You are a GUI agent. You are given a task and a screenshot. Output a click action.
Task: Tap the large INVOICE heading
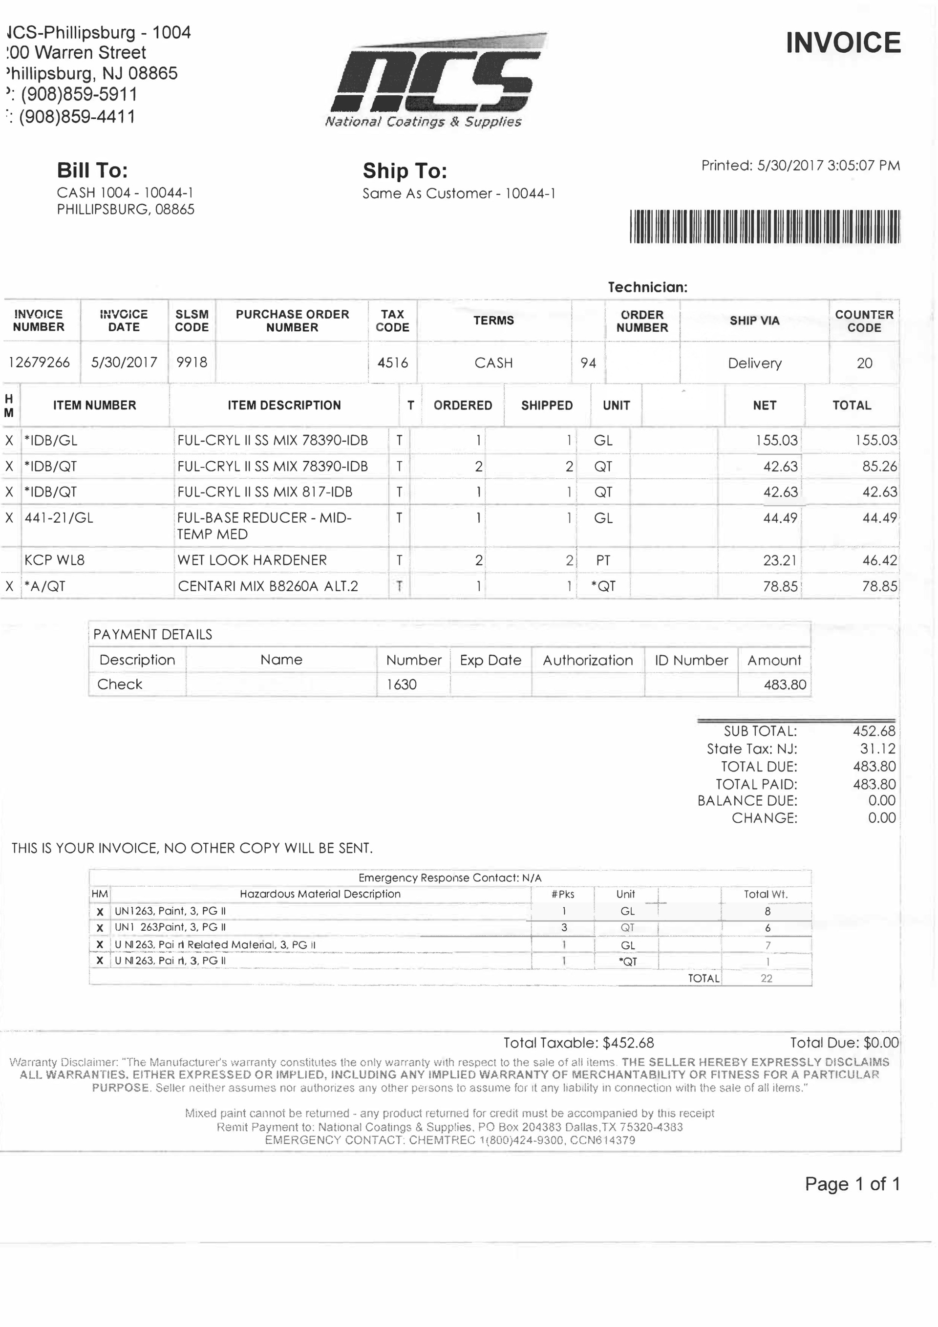[843, 43]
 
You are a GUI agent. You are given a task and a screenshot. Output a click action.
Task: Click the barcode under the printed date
[764, 226]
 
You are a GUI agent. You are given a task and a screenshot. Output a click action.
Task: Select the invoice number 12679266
[39, 363]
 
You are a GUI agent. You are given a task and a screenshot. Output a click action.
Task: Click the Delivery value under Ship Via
[754, 364]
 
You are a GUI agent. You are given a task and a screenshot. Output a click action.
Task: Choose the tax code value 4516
[392, 363]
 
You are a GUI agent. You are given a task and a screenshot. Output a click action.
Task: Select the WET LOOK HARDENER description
[252, 560]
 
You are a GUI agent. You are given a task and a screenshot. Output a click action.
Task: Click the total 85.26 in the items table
[879, 467]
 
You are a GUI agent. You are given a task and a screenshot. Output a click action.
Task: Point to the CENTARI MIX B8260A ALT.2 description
[268, 586]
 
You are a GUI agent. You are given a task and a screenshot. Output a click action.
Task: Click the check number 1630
[401, 685]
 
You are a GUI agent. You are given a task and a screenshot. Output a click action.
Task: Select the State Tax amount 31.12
[877, 749]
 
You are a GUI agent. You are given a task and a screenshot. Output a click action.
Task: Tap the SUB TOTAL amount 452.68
[874, 731]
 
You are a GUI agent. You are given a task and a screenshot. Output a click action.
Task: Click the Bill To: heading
[92, 171]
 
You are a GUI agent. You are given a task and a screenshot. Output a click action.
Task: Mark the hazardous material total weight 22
[767, 979]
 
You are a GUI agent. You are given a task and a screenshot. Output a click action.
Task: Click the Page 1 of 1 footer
[852, 1184]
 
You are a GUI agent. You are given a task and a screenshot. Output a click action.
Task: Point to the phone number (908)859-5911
[79, 94]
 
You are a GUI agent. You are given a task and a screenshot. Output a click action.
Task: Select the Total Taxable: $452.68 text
[578, 1043]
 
